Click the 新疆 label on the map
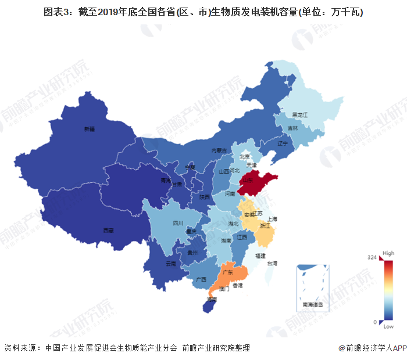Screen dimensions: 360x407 pyautogui.click(x=89, y=128)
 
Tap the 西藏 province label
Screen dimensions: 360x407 pyautogui.click(x=108, y=230)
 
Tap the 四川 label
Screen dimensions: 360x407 pyautogui.click(x=178, y=223)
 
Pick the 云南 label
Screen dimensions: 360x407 pyautogui.click(x=171, y=264)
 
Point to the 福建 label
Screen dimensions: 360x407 pyautogui.click(x=259, y=255)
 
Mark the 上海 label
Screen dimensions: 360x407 pyautogui.click(x=274, y=219)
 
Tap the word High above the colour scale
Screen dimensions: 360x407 pyautogui.click(x=388, y=254)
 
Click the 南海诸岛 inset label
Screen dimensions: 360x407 pyautogui.click(x=313, y=304)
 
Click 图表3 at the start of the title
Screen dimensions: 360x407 pyautogui.click(x=56, y=12)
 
